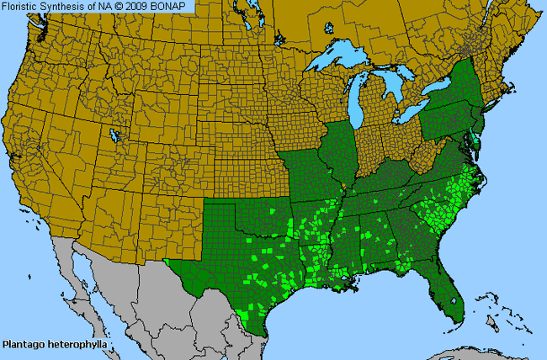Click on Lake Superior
pyautogui.click(x=341, y=60)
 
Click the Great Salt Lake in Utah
pyautogui.click(x=112, y=135)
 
